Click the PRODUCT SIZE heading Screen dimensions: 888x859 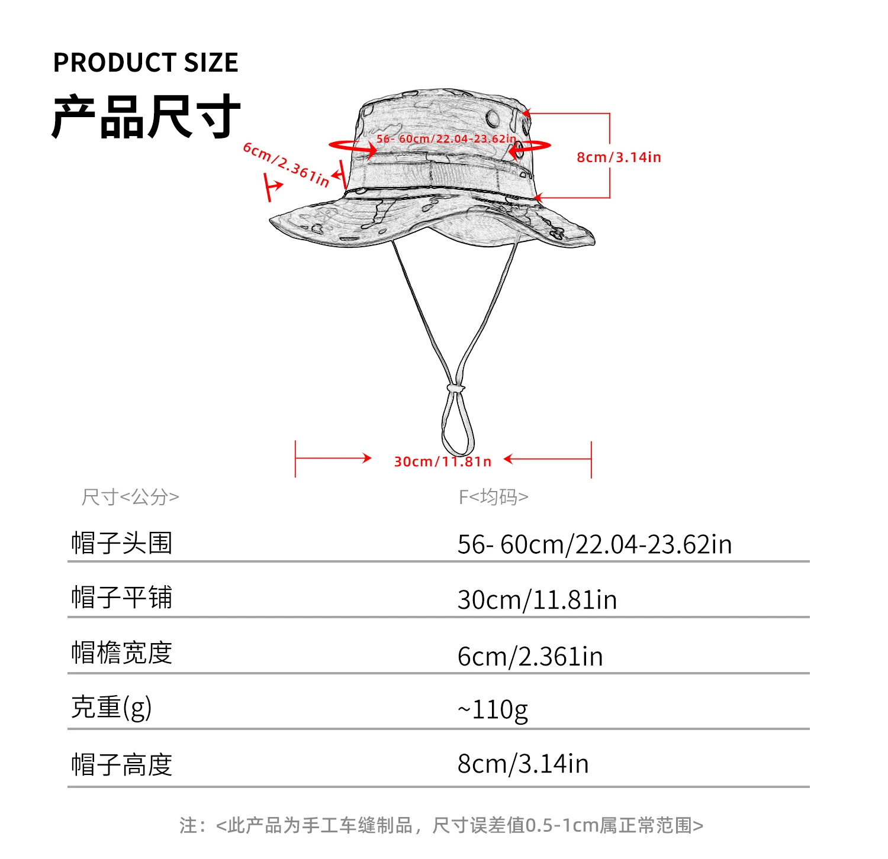point(146,63)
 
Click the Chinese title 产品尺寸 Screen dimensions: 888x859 point(146,117)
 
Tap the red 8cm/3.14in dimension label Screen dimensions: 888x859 point(619,157)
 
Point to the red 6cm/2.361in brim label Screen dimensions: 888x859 point(287,164)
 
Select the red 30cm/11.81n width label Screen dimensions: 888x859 point(443,461)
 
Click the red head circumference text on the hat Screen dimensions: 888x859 point(446,139)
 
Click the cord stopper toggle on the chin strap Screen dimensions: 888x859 point(456,388)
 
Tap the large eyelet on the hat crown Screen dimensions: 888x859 point(493,118)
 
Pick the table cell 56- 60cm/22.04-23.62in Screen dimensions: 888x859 point(594,544)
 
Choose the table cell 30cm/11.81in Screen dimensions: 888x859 point(537,600)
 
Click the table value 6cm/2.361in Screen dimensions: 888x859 point(530,656)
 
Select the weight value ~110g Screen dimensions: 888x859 point(493,709)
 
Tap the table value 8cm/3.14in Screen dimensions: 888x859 point(523,764)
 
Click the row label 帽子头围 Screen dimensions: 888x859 point(122,542)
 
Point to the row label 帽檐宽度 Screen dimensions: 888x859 point(122,653)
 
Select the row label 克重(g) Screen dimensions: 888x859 point(111,707)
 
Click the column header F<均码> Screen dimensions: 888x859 point(493,497)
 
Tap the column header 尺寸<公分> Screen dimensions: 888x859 point(130,497)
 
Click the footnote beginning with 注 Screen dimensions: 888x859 point(442,825)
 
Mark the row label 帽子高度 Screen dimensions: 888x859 point(122,764)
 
